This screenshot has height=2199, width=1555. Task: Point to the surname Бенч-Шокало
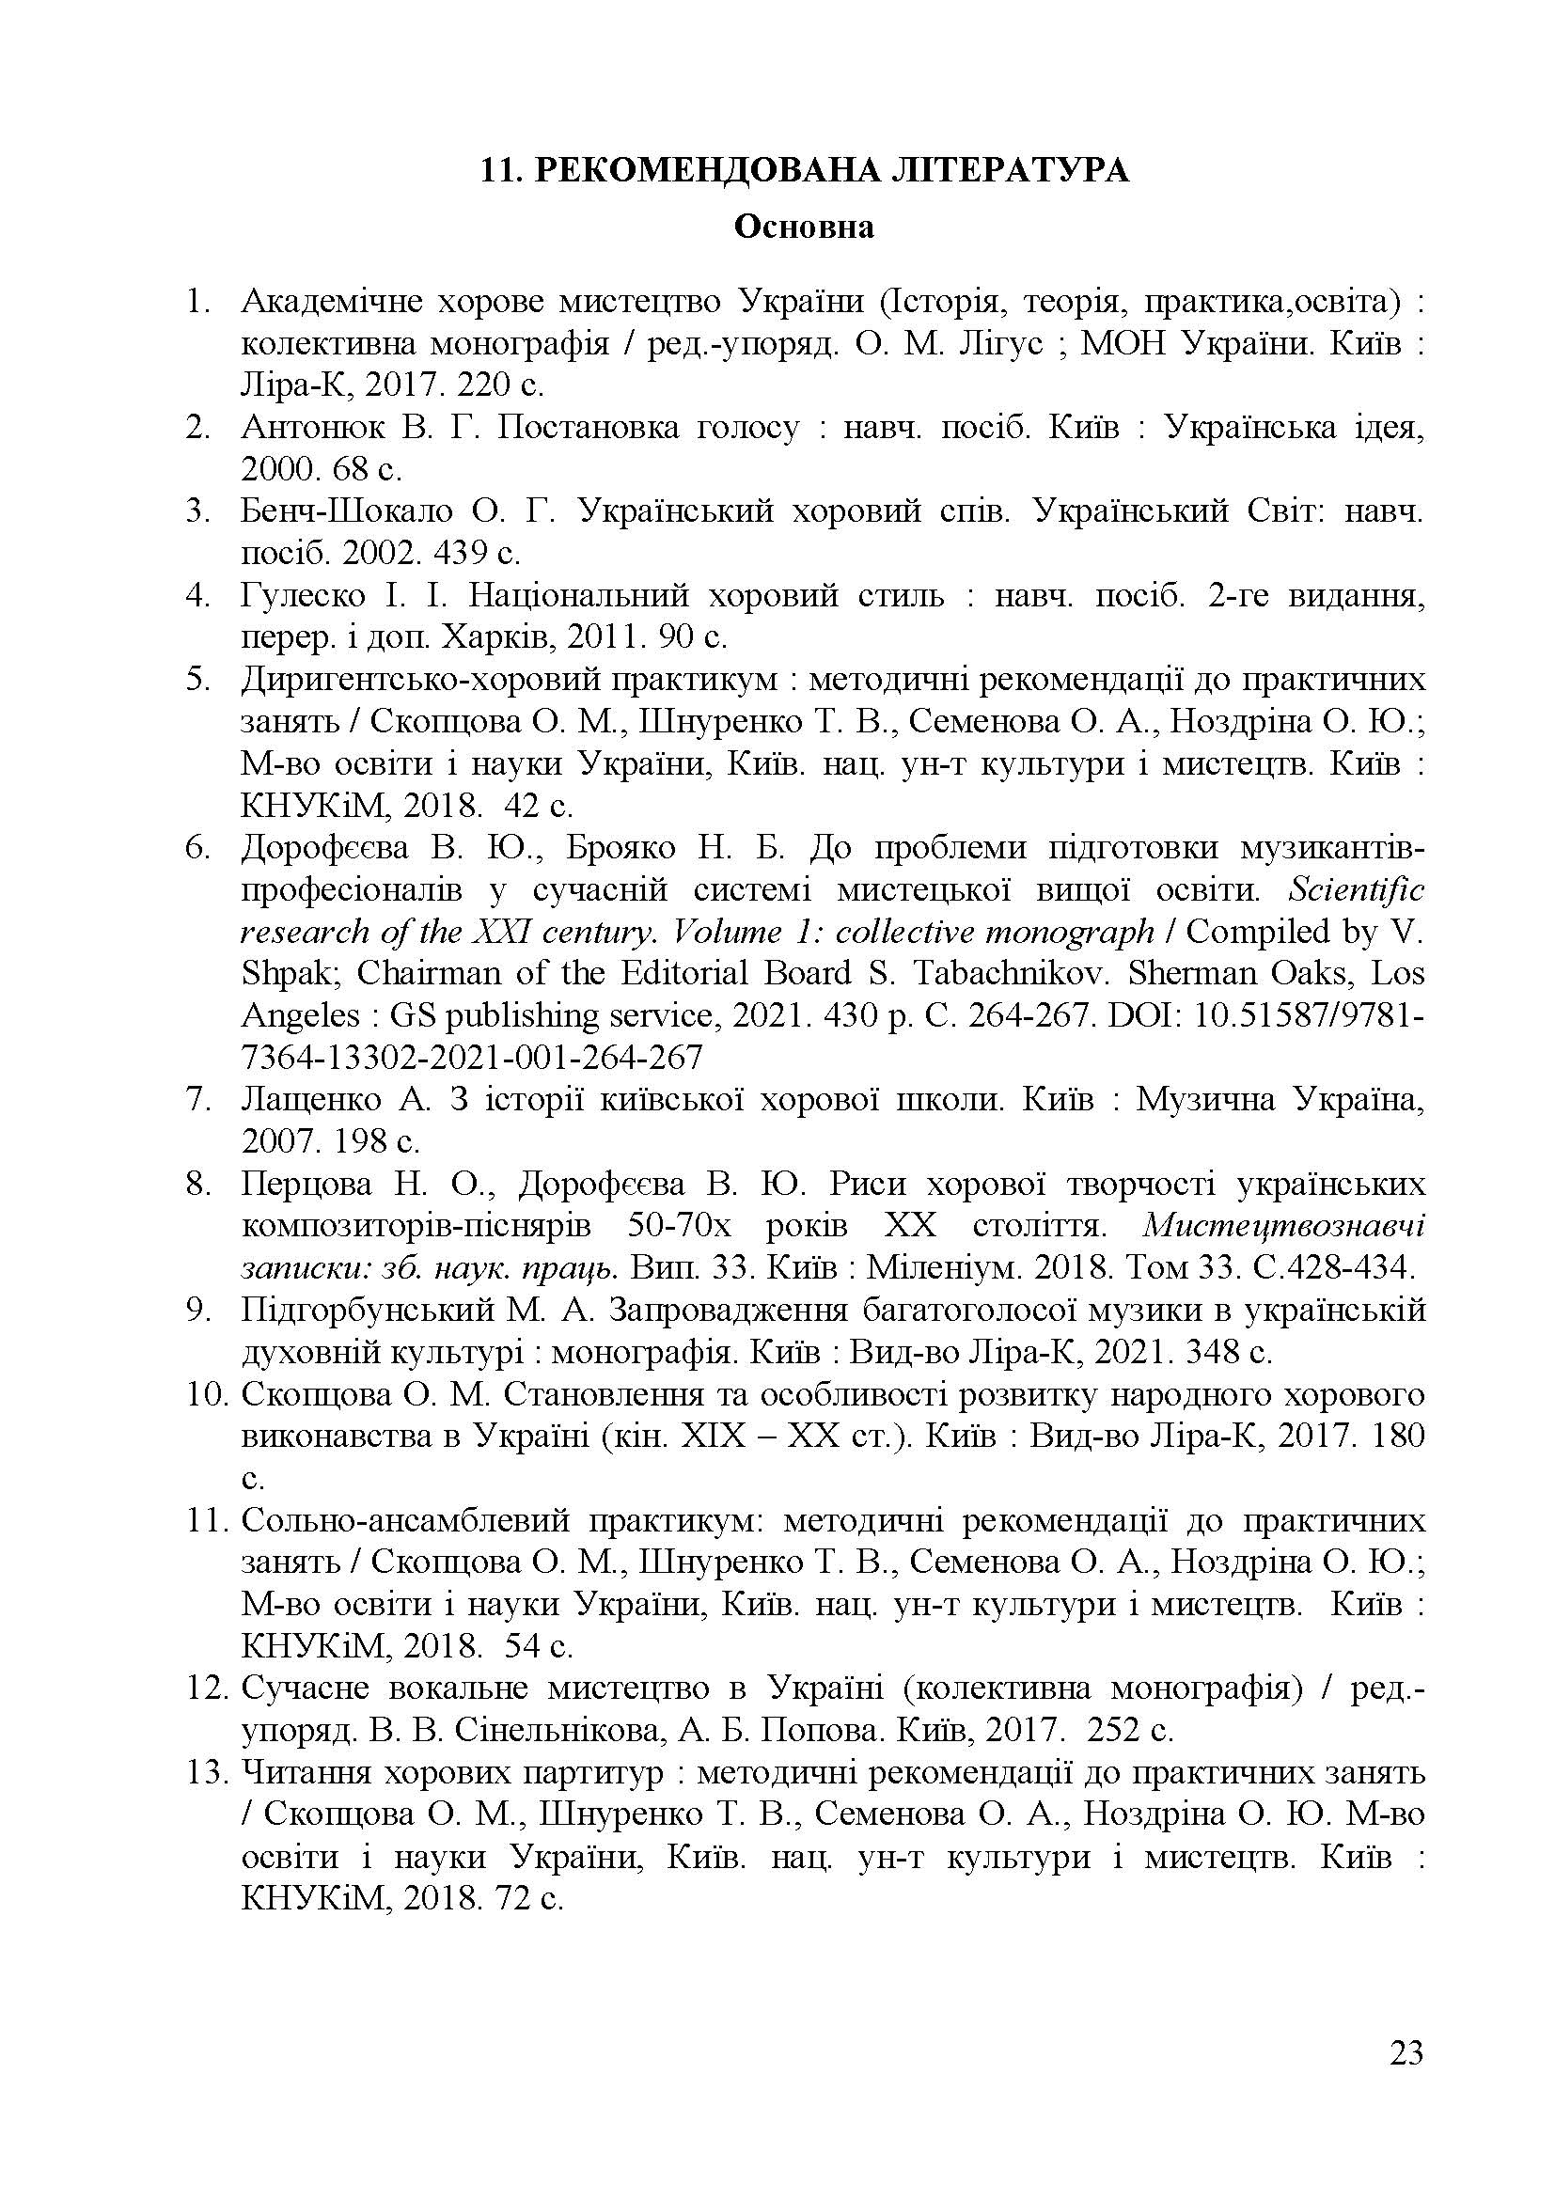pos(347,511)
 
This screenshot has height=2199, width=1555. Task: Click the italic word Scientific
pos(1356,889)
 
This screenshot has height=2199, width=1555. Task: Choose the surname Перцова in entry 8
pos(306,1185)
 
